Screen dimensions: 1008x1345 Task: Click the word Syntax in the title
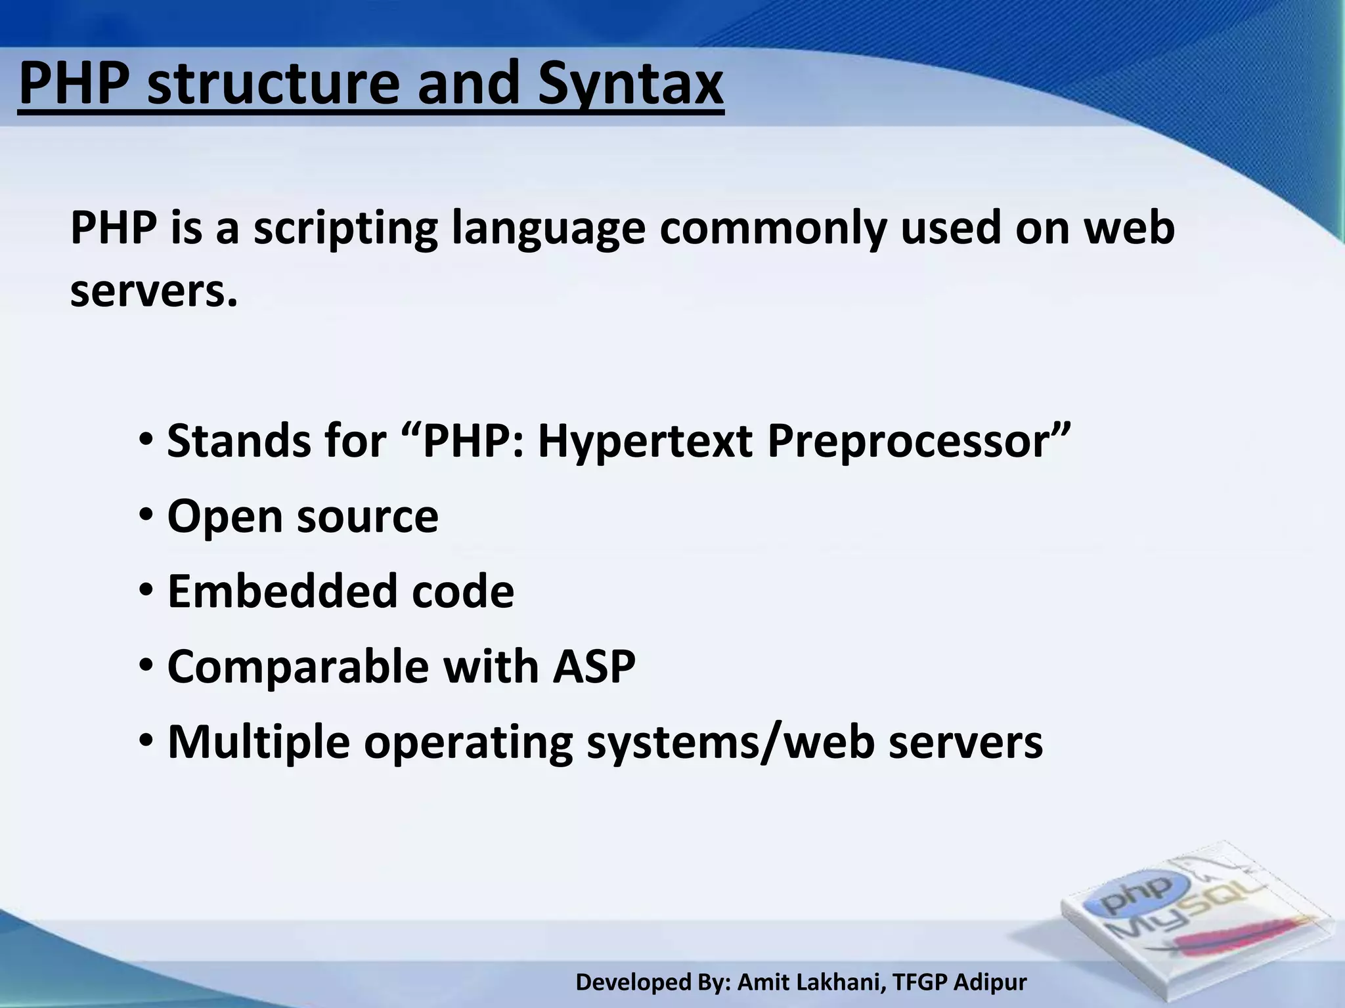click(630, 85)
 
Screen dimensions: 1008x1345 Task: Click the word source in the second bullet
click(367, 516)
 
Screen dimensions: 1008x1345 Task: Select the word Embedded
click(283, 591)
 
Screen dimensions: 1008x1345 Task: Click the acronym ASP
click(594, 666)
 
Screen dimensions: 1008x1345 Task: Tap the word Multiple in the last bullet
click(259, 742)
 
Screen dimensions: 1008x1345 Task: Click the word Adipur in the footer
click(990, 982)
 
